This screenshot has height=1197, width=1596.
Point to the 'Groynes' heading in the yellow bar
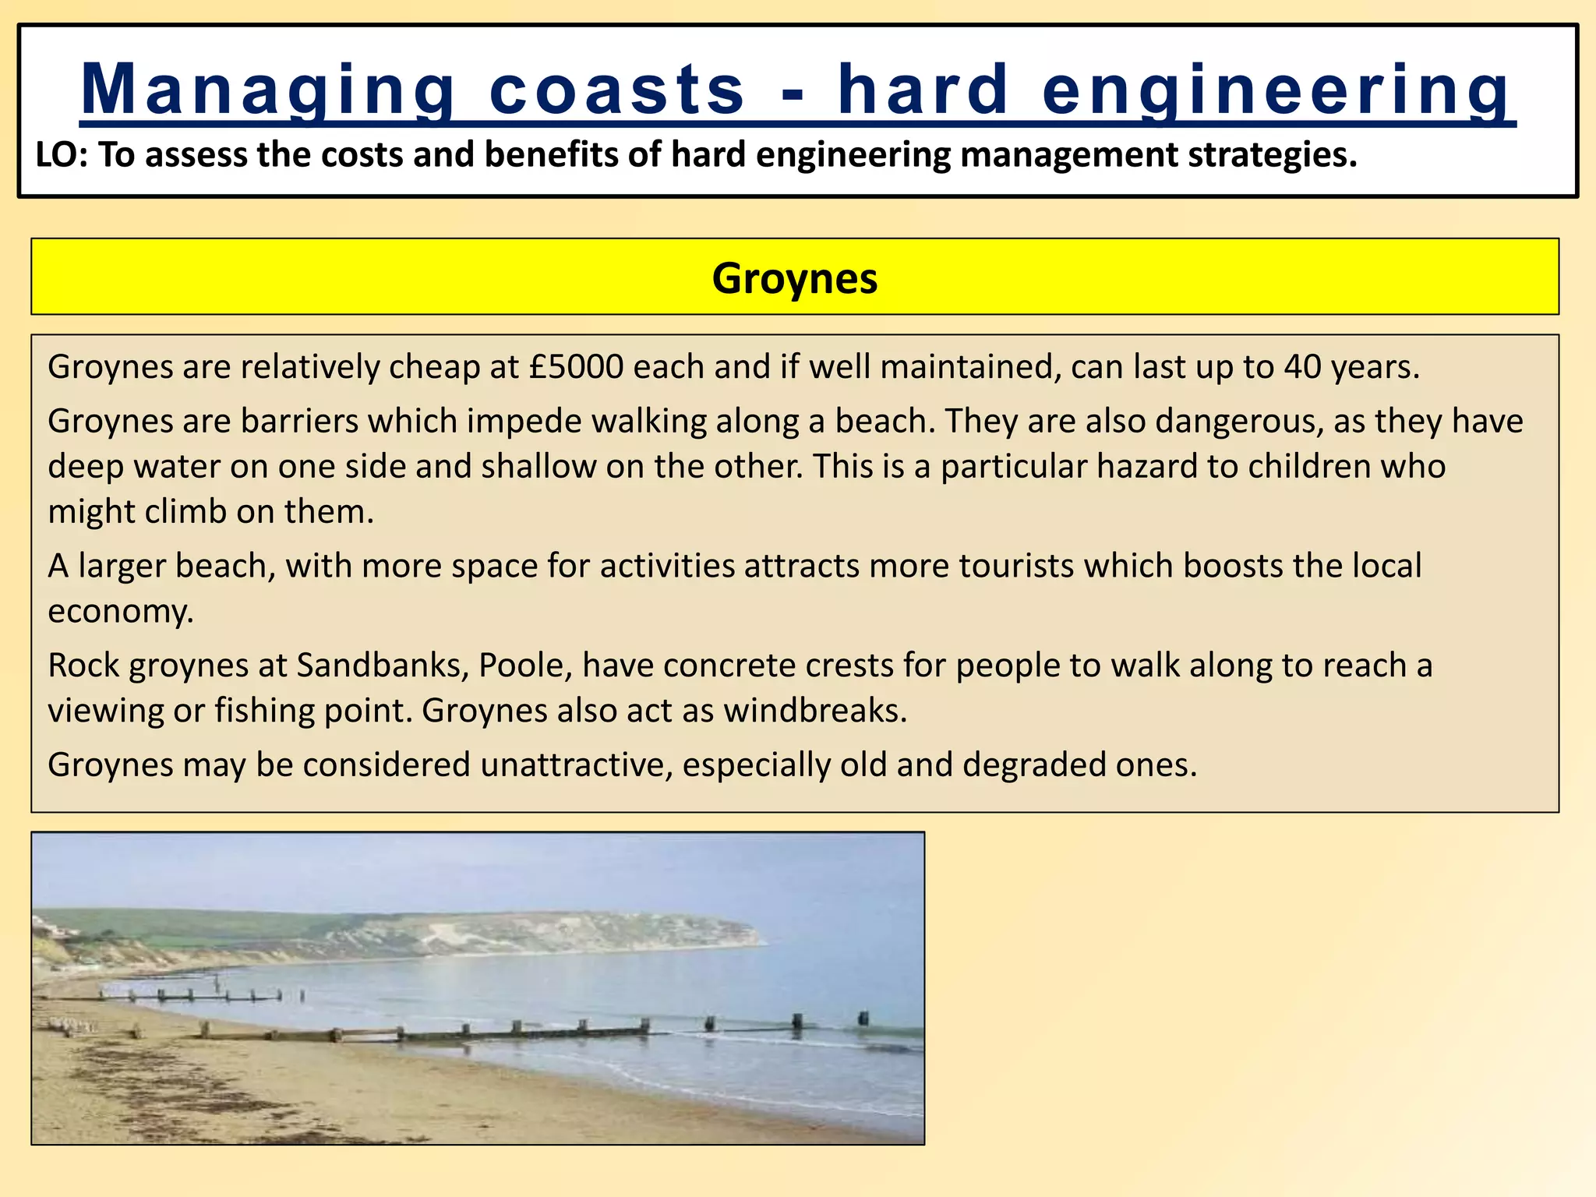click(x=794, y=278)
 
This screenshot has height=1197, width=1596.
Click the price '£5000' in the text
click(x=576, y=367)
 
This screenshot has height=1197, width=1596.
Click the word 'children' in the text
click(x=1308, y=467)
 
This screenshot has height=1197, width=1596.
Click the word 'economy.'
click(x=121, y=611)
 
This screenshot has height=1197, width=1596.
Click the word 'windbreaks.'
click(x=815, y=711)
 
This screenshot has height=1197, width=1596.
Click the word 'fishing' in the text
click(x=264, y=711)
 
